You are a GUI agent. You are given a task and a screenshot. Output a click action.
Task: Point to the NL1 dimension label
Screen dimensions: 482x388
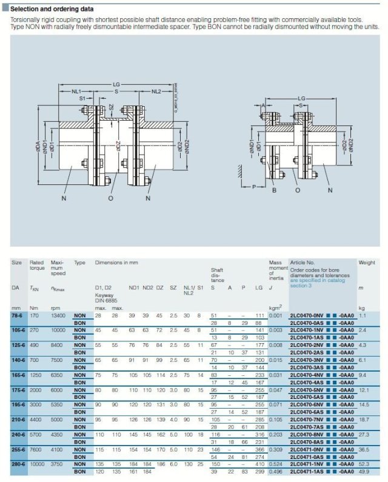[x=75, y=91]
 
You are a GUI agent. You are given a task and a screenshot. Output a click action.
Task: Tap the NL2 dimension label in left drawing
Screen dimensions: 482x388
[x=156, y=91]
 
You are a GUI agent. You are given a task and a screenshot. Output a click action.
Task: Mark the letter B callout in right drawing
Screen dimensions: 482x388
[x=275, y=190]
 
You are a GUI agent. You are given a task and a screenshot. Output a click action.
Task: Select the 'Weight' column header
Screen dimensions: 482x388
[x=367, y=263]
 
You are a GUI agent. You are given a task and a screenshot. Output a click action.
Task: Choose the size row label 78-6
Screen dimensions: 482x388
[x=18, y=316]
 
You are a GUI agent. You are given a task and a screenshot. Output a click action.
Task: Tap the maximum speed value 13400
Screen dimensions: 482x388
[x=58, y=316]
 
